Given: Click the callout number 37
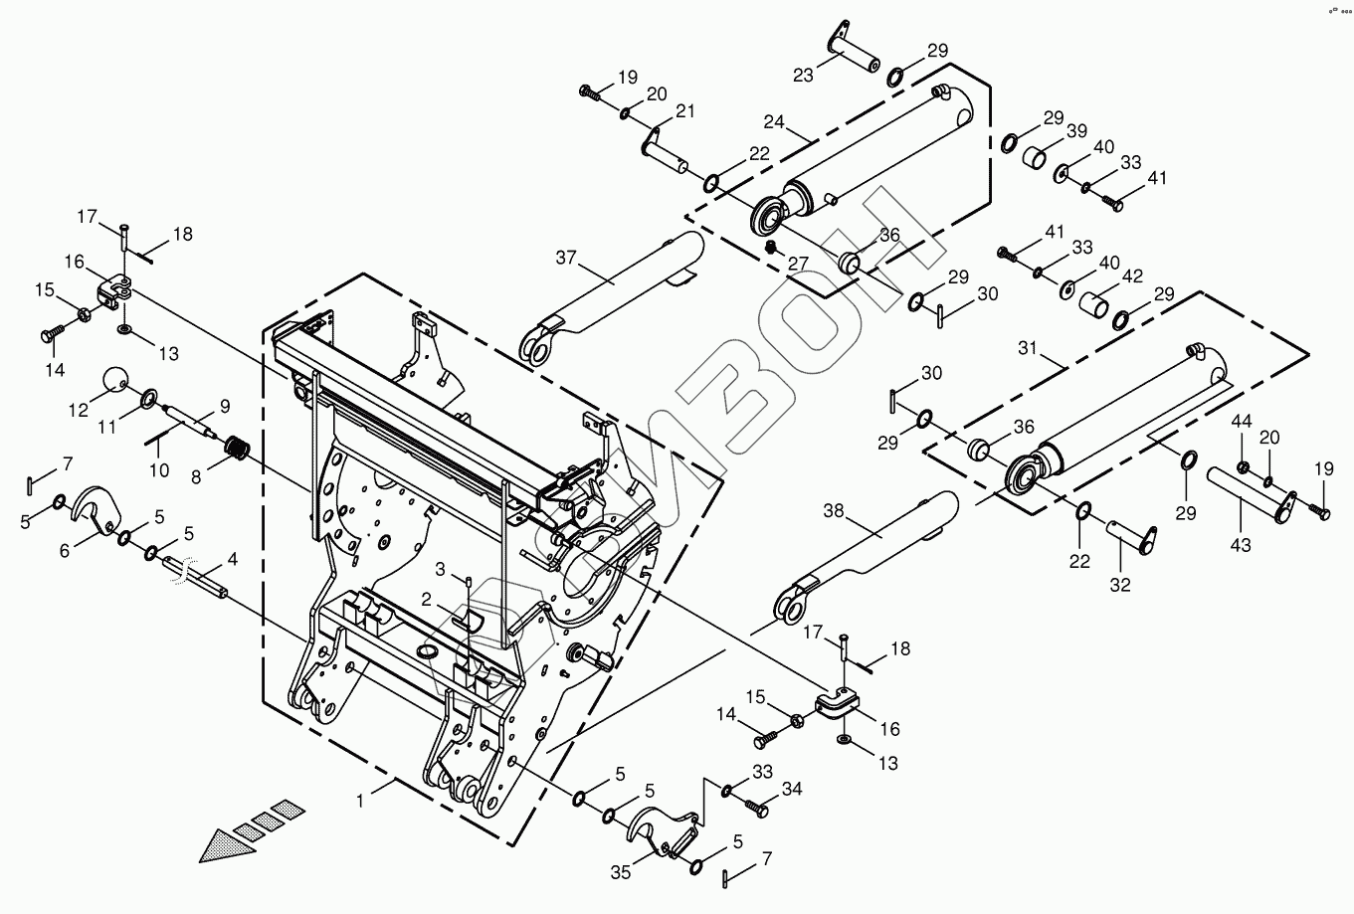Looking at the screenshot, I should coord(566,259).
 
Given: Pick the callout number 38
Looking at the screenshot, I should coord(835,511).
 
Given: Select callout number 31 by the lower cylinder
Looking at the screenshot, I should coord(1027,348).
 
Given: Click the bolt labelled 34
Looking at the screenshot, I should coord(759,809).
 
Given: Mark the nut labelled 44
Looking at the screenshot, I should coord(1244,466).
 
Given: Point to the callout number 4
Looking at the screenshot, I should coord(232,559).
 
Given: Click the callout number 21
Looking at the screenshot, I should coord(684,110).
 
